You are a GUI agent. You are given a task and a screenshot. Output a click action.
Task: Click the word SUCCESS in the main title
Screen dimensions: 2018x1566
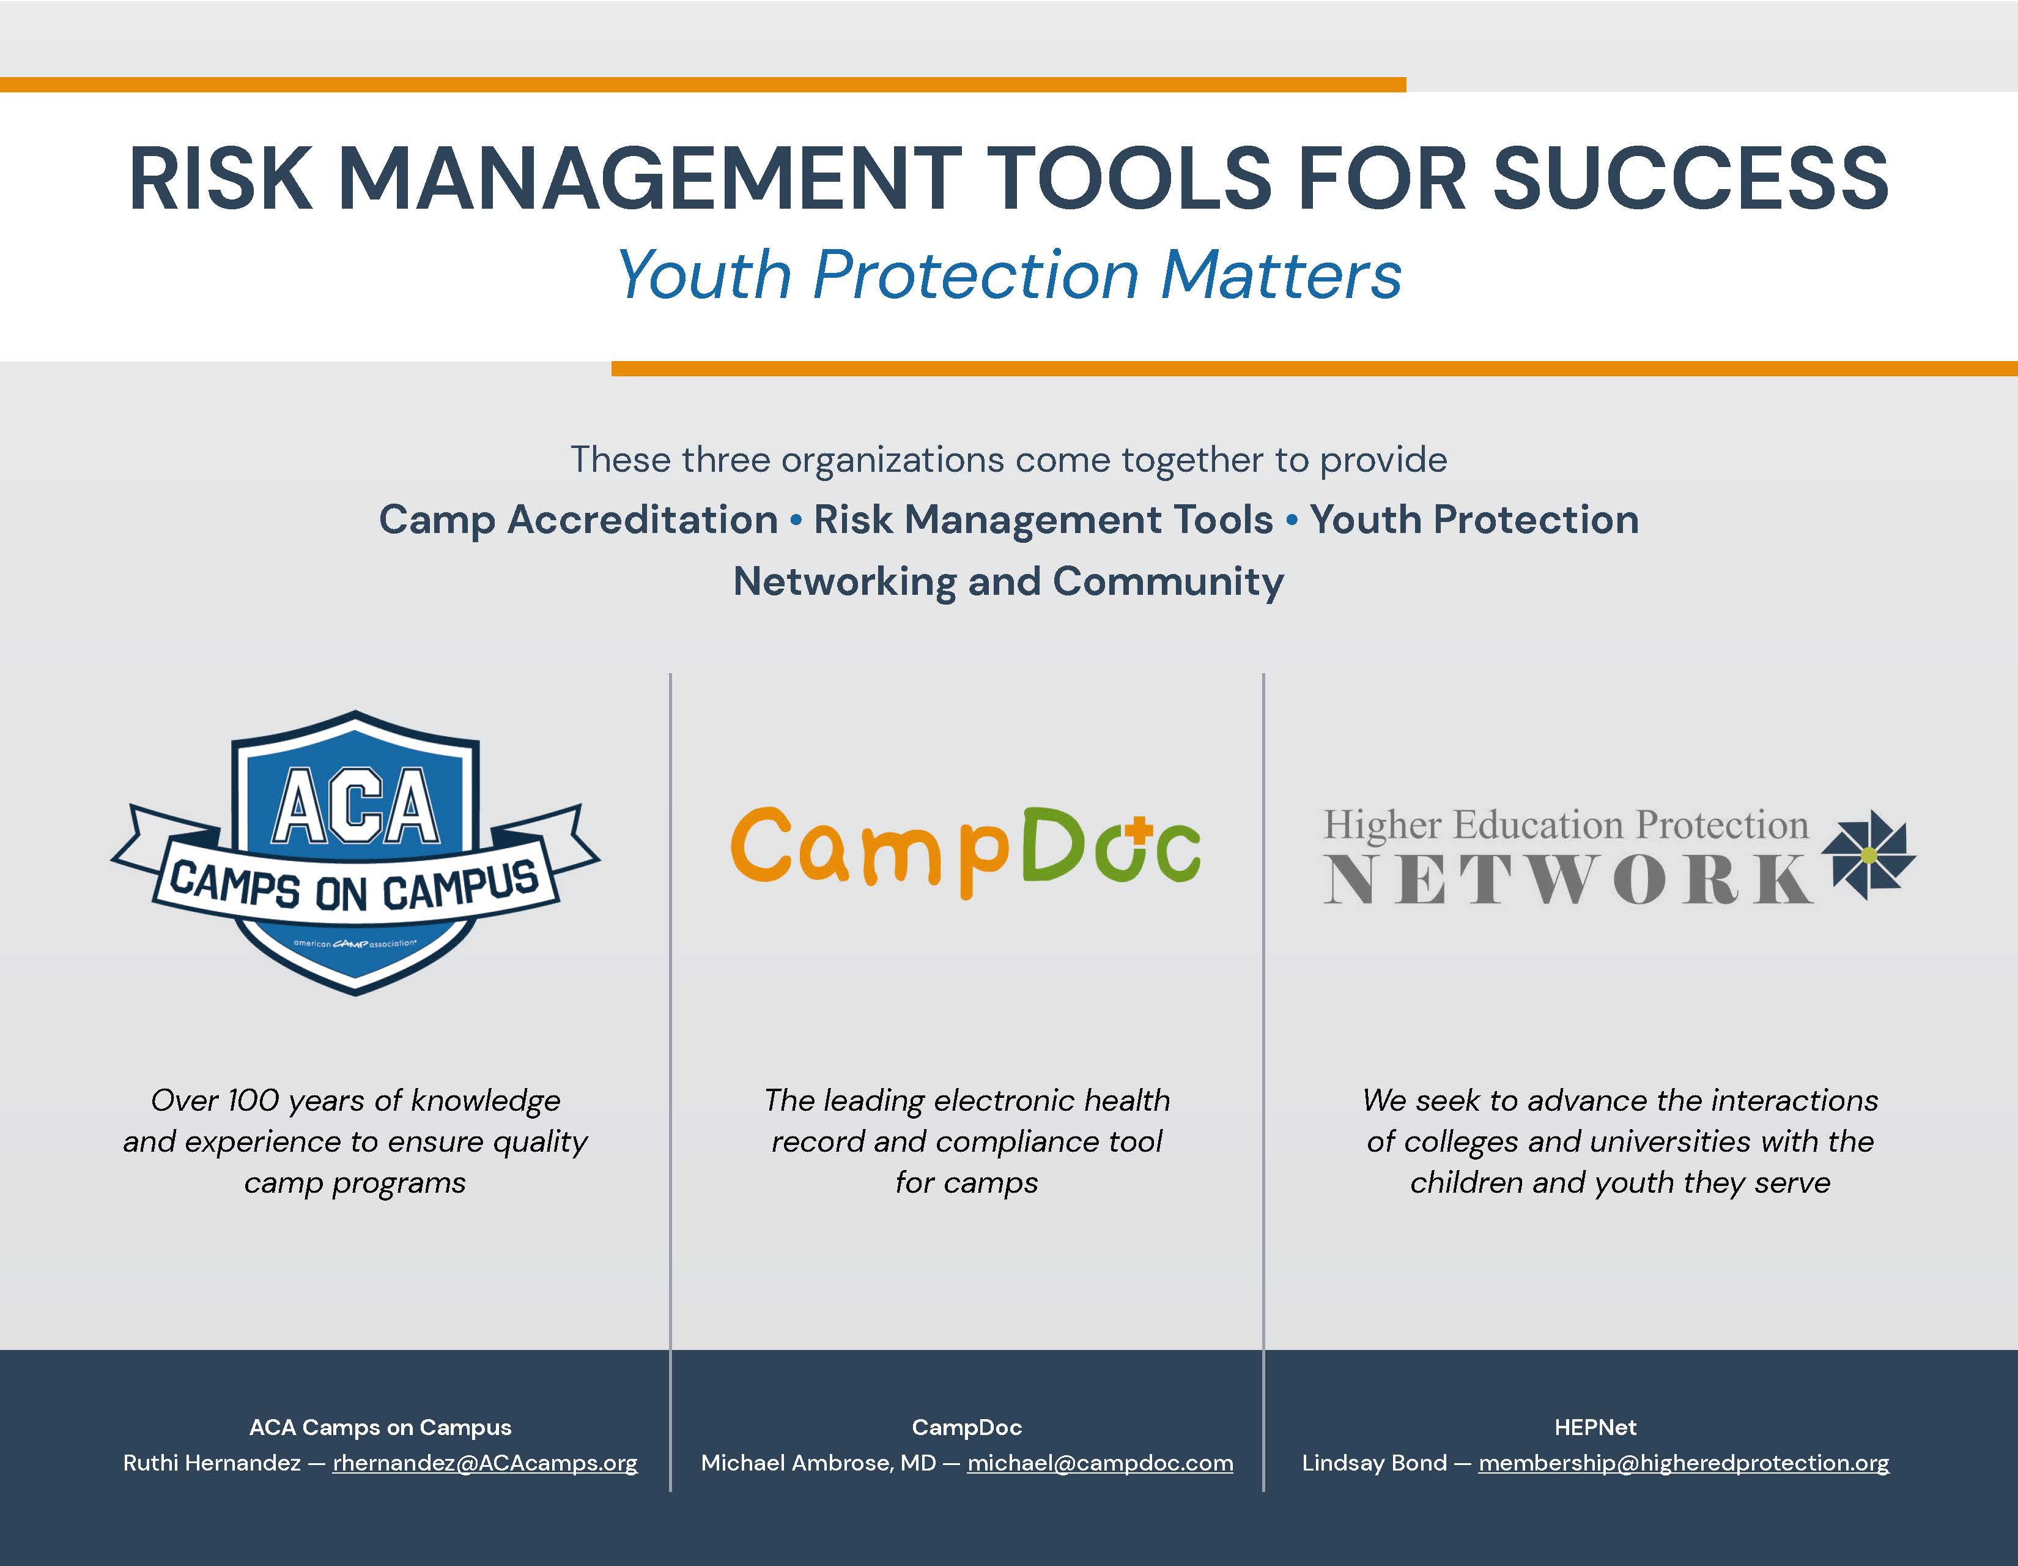coord(1690,179)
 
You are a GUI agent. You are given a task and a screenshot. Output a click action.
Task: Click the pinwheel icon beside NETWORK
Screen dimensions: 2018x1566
coord(1868,855)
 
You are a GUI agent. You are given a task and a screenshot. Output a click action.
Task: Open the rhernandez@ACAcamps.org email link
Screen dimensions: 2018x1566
coord(485,1463)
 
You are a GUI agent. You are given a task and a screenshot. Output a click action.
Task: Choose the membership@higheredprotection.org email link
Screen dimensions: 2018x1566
coord(1684,1463)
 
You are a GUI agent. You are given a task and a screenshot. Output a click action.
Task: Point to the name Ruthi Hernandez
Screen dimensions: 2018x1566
coord(212,1463)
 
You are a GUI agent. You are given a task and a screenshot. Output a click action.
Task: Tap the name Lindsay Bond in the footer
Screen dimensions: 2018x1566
coord(1374,1463)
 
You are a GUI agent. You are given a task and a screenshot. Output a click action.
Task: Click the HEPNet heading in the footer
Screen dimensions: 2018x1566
coord(1595,1427)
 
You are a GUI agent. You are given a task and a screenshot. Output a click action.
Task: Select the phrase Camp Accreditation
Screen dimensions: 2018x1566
coord(578,520)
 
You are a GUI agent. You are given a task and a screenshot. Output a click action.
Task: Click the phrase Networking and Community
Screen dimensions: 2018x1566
coord(1008,581)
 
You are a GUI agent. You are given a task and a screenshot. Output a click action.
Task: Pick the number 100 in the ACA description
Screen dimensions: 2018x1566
coord(253,1100)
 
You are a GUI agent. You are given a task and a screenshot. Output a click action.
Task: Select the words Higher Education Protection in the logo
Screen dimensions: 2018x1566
coord(1566,824)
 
